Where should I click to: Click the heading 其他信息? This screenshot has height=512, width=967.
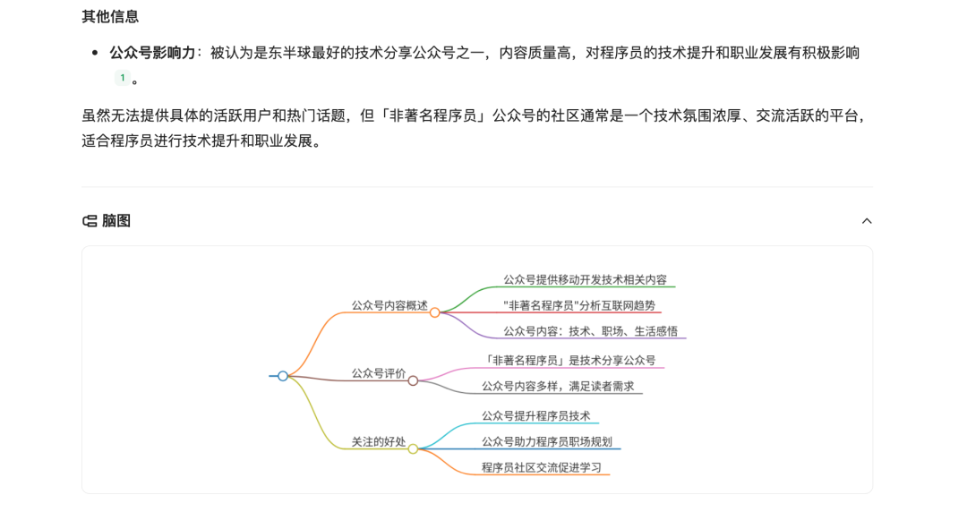[x=110, y=16]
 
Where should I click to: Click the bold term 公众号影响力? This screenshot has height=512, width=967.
[x=152, y=53]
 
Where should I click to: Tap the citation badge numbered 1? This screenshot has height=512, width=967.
[x=123, y=78]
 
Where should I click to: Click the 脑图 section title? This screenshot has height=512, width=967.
[x=116, y=221]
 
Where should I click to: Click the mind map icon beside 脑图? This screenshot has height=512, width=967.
[x=90, y=221]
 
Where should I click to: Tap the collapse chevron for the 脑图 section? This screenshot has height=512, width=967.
[x=866, y=221]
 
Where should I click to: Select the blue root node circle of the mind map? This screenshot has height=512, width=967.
[x=283, y=376]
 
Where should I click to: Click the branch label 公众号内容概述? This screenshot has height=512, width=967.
[x=389, y=305]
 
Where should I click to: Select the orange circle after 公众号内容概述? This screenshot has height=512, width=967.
[x=435, y=312]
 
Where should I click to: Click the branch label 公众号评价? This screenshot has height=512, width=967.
[x=379, y=373]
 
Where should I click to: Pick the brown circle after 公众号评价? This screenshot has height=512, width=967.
[x=413, y=380]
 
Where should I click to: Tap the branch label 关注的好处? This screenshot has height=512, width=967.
[x=379, y=442]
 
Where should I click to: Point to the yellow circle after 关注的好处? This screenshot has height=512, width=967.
[x=413, y=449]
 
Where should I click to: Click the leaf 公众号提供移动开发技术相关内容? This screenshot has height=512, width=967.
[x=585, y=279]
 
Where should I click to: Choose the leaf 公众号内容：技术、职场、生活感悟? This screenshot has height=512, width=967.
[x=590, y=331]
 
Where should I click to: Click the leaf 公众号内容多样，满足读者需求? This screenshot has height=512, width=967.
[x=558, y=387]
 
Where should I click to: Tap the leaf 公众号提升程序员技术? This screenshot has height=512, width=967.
[x=536, y=415]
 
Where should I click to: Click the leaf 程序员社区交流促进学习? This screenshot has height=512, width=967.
[x=542, y=467]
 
